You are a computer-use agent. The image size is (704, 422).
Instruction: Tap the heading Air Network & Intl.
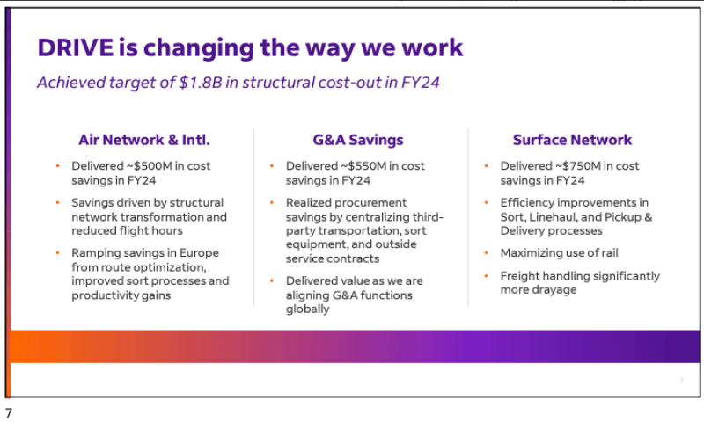click(144, 140)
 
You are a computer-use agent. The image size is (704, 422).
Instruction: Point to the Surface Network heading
click(572, 140)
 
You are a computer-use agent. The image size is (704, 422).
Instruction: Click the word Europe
click(200, 253)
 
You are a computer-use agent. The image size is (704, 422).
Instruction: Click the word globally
click(308, 309)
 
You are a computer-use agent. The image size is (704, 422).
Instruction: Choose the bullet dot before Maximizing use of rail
click(488, 253)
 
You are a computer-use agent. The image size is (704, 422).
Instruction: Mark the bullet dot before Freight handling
click(488, 276)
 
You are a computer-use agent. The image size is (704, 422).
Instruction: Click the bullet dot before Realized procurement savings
click(273, 203)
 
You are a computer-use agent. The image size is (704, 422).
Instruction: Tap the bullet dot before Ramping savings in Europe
click(58, 253)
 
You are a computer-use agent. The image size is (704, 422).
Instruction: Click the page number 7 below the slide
click(9, 412)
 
